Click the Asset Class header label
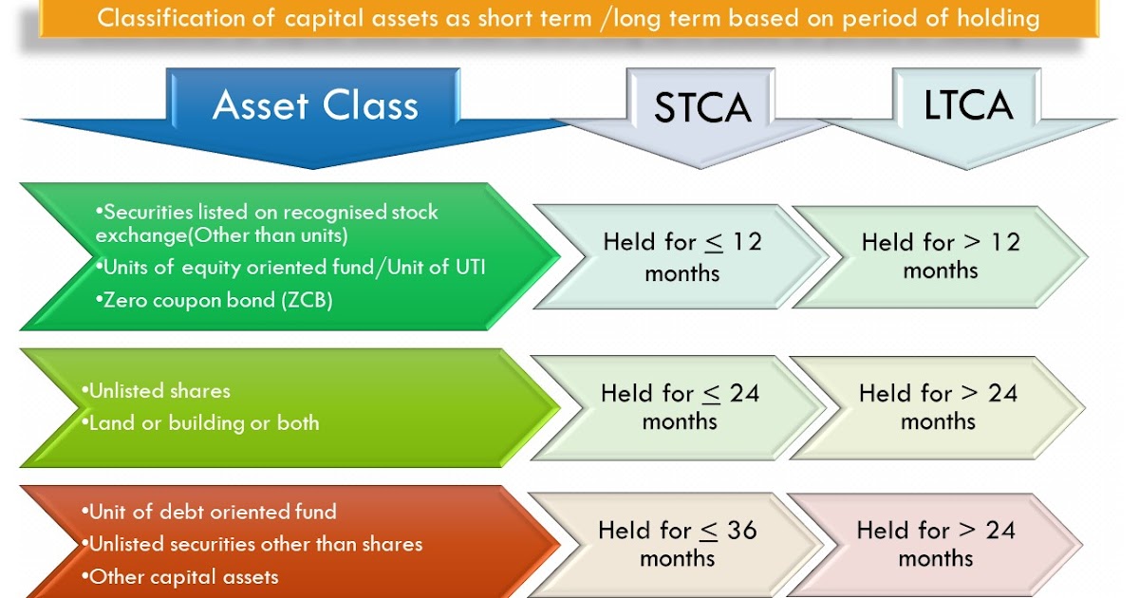315,105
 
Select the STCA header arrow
702,108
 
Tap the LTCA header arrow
968,106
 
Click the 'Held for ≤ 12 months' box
682,257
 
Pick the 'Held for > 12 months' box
940,256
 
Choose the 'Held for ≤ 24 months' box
680,407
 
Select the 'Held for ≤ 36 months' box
677,544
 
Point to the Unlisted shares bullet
156,391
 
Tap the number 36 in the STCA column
741,530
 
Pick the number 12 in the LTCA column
1004,242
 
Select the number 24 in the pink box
999,530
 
